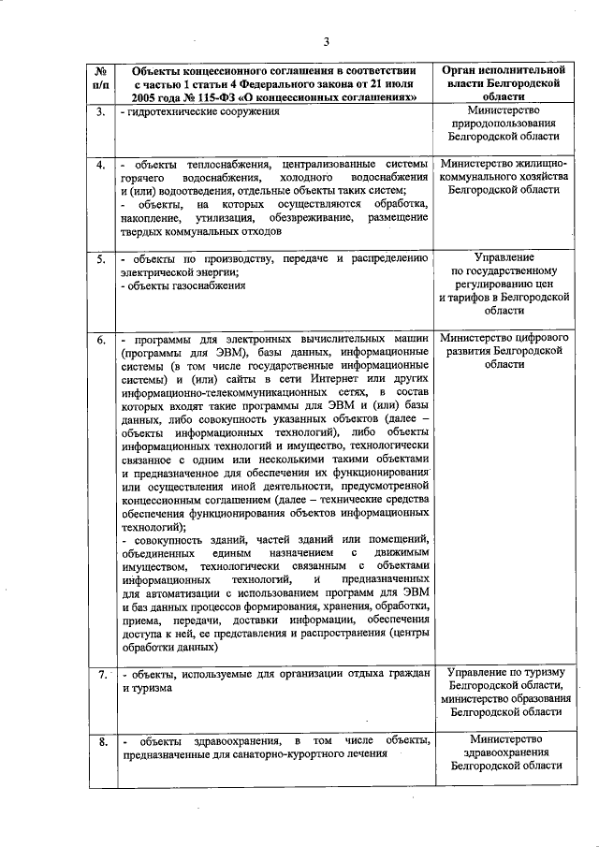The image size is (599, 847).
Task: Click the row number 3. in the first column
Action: coord(100,112)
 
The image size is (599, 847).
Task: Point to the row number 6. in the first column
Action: coord(100,337)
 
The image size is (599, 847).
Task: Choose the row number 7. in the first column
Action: coord(100,673)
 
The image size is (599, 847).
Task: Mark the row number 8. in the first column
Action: coord(100,741)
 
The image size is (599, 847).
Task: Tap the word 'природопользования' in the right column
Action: coord(504,122)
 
